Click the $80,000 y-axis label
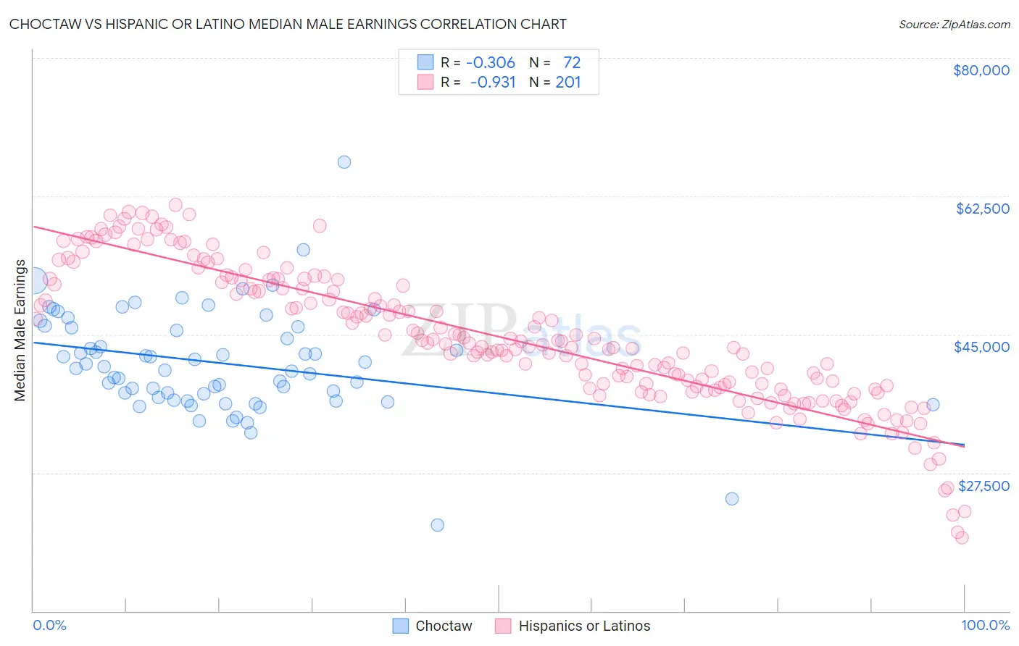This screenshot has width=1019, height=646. click(x=981, y=70)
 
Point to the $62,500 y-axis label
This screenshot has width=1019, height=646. click(x=982, y=209)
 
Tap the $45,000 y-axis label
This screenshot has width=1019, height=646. click(x=981, y=347)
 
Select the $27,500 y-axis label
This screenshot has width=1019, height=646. click(x=983, y=486)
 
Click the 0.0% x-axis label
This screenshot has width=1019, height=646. click(x=49, y=626)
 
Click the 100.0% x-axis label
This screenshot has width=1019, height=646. click(x=985, y=626)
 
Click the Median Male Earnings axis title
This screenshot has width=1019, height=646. click(x=20, y=330)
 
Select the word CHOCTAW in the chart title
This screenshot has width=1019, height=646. click(x=44, y=24)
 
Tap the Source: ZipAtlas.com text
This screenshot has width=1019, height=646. click(x=954, y=24)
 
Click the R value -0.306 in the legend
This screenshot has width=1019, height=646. click(x=491, y=62)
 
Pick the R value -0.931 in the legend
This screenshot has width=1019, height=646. click(x=492, y=82)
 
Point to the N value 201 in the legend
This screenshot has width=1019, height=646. click(x=568, y=82)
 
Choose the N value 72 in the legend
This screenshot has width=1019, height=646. click(x=572, y=62)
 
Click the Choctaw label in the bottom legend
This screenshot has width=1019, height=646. click(x=444, y=626)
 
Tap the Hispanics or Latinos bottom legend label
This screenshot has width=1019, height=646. click(x=584, y=626)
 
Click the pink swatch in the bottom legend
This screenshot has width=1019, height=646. click(x=503, y=626)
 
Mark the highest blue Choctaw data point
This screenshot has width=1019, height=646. click(x=344, y=161)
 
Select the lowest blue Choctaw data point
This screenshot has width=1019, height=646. click(x=437, y=525)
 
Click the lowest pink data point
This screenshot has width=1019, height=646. click(x=962, y=537)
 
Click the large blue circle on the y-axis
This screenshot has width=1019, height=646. click(x=33, y=280)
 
